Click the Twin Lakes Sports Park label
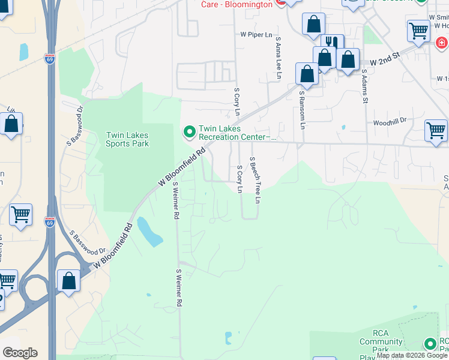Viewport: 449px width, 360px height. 127,139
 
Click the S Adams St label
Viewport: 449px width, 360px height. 364,86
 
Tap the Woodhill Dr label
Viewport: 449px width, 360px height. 390,121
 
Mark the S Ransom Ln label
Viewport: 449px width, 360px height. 303,110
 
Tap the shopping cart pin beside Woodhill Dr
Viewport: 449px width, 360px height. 435,130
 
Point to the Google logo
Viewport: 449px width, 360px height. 20,353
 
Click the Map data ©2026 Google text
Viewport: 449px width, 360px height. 412,355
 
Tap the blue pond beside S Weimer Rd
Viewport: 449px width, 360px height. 149,232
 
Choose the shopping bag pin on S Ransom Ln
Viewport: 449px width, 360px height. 307,74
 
